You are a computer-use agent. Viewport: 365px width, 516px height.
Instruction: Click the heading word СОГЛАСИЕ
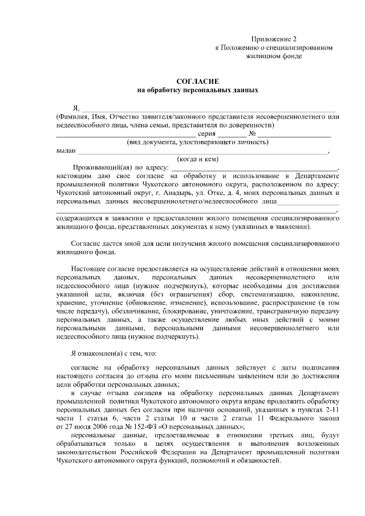(x=198, y=82)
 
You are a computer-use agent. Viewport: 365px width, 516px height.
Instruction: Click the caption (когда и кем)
(x=198, y=159)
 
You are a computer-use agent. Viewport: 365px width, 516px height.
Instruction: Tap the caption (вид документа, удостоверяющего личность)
(x=198, y=142)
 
